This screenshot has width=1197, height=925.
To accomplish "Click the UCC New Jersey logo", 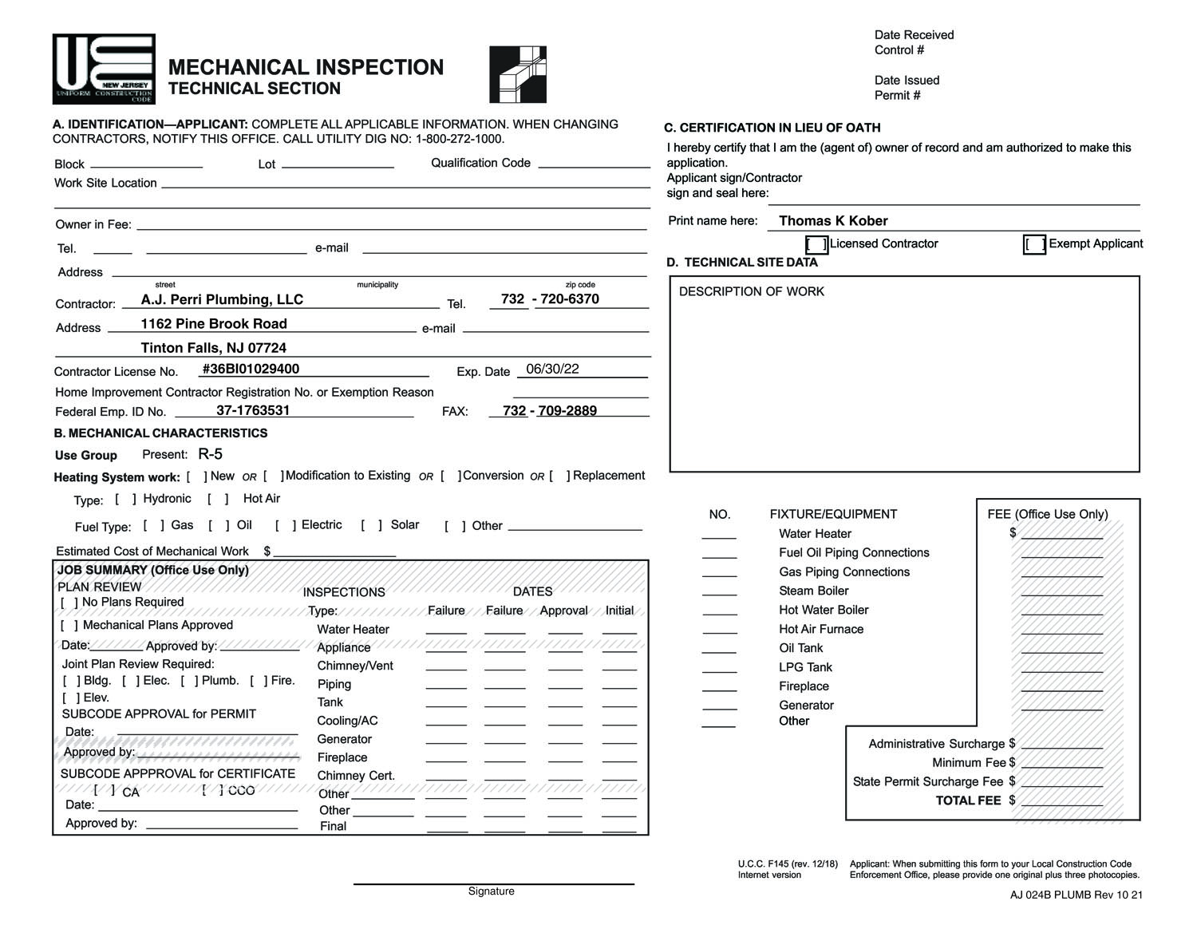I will coord(104,69).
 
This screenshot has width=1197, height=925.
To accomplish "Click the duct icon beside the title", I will coord(518,74).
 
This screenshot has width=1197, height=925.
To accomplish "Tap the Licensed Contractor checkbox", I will coord(816,244).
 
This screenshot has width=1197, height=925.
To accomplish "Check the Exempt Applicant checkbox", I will coord(1034,244).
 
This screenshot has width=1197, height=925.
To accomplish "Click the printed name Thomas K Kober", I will coord(833,221).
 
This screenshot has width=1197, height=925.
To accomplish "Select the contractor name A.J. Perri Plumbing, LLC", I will coord(222,300).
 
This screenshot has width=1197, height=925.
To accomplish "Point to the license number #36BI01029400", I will coord(251,369).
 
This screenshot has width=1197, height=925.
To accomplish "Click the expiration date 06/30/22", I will coord(552,369).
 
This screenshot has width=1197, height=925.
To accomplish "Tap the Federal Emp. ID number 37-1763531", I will coord(253,410).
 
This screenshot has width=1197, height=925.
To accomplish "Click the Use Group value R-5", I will coord(211,455).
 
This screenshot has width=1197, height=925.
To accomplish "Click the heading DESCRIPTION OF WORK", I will coord(751,292).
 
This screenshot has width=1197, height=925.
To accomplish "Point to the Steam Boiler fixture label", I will coord(813,591).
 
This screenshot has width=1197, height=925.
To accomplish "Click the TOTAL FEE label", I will coord(968,800).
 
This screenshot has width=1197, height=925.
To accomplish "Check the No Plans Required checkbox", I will coord(69,603).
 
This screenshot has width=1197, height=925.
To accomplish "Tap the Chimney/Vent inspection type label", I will coord(355,666).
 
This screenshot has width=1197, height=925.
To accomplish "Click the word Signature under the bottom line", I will coord(491,891).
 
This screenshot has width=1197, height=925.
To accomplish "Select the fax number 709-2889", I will coord(567,411).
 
